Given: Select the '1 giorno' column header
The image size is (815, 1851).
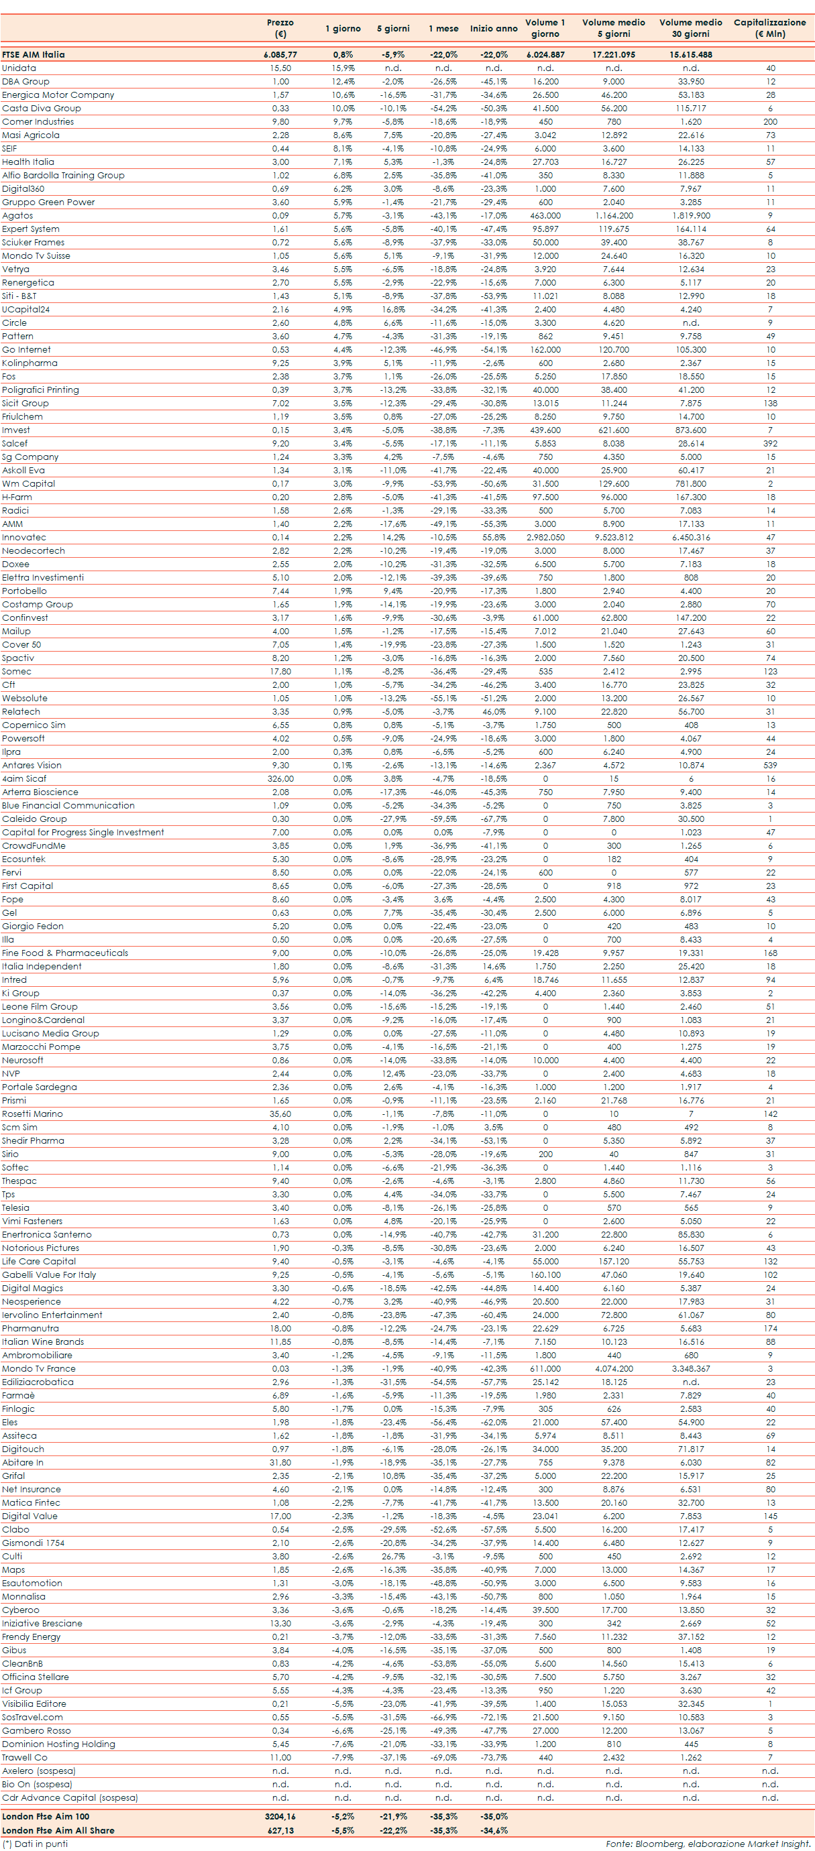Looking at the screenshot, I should (x=343, y=29).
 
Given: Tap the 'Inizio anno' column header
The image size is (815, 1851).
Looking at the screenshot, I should (x=494, y=29).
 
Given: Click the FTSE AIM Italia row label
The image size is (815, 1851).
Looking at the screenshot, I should (x=33, y=54).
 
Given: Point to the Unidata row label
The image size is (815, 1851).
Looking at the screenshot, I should (x=19, y=68).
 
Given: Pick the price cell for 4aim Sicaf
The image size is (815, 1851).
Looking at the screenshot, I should (x=280, y=779).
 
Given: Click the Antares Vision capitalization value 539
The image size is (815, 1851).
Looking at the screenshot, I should (x=770, y=765).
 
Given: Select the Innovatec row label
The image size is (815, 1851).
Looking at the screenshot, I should (x=23, y=538).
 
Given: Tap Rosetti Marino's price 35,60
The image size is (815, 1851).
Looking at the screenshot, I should (x=280, y=1114).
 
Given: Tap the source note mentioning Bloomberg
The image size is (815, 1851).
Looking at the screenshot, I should (x=707, y=1844).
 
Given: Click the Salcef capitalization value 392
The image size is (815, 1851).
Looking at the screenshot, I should (x=770, y=443).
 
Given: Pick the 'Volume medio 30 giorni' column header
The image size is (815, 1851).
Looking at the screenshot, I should (x=690, y=28).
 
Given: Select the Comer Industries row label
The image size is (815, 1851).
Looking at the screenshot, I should (x=38, y=121).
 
